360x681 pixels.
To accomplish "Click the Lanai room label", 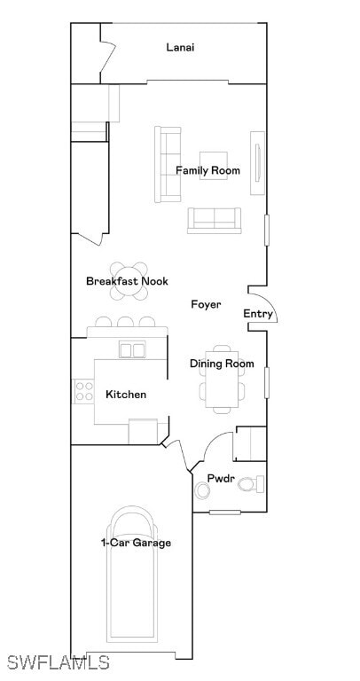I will click(x=180, y=47).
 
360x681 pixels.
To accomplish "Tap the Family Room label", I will click(x=207, y=170).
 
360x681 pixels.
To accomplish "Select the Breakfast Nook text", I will click(x=127, y=281).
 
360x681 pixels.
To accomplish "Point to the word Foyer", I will click(x=206, y=304).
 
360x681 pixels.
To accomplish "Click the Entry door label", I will click(x=258, y=314).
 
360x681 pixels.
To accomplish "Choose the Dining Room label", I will click(x=222, y=364).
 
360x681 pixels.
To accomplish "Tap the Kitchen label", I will click(x=126, y=394).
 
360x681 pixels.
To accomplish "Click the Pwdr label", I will click(x=221, y=479).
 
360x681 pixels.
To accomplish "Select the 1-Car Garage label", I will click(x=136, y=543).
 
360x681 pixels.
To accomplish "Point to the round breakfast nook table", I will click(x=130, y=276).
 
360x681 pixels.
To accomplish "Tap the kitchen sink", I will click(x=132, y=349).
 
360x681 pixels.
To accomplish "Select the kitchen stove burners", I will click(x=83, y=390).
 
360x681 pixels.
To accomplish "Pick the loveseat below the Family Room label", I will click(x=214, y=220).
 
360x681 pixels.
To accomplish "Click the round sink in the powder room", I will click(x=201, y=490).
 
